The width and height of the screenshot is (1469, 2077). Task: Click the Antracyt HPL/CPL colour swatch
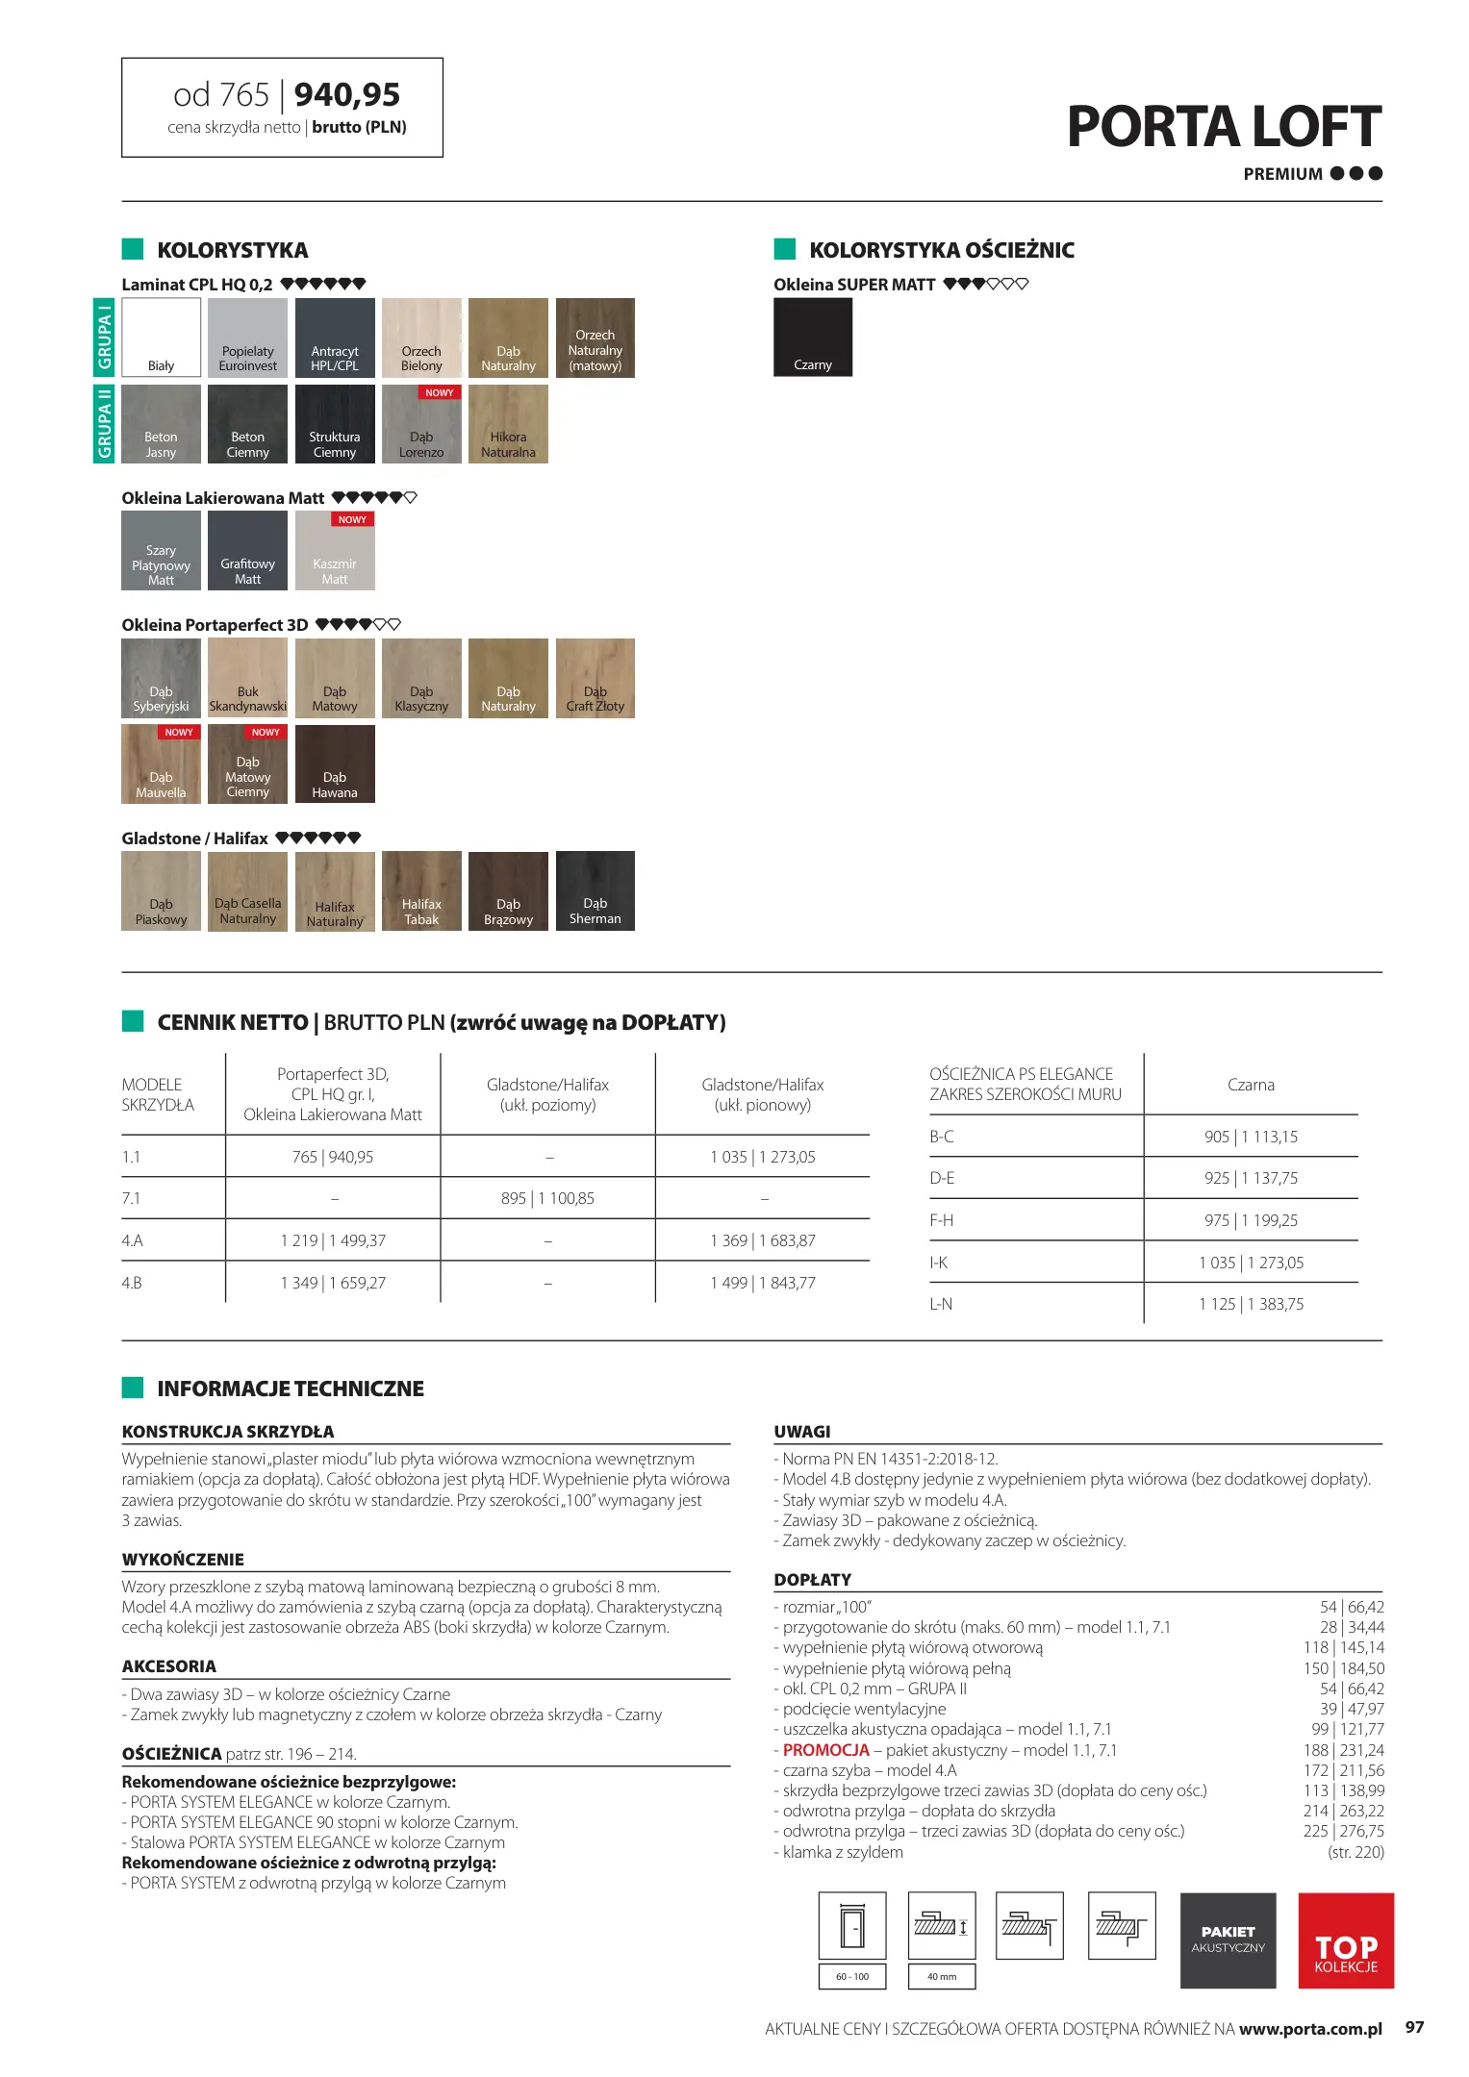[335, 338]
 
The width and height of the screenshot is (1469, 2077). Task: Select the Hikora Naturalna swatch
[508, 424]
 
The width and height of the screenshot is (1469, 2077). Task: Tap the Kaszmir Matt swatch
[335, 551]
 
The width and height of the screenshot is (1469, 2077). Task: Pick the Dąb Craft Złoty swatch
[595, 678]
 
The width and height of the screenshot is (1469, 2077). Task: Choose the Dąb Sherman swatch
[595, 890]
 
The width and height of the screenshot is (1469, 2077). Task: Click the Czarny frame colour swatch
[813, 337]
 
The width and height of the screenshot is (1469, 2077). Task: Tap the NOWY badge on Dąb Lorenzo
[439, 392]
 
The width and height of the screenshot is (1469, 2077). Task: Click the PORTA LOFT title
[1224, 127]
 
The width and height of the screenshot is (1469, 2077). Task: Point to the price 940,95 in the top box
[346, 94]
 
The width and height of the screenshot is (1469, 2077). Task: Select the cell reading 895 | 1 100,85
[547, 1198]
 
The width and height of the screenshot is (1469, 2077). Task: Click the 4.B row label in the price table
[132, 1283]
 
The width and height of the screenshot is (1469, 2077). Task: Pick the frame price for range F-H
[1251, 1220]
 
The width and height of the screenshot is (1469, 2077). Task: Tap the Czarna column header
[1251, 1085]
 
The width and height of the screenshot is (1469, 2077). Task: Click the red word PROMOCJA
[825, 1750]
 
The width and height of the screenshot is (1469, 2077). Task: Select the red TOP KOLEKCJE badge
[1345, 1940]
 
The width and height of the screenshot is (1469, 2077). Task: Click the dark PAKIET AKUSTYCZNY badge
[1228, 1940]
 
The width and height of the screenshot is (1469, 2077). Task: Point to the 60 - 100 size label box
[852, 1977]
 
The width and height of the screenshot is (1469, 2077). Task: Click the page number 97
[1414, 2027]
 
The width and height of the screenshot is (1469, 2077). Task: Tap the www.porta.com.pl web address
[1310, 2029]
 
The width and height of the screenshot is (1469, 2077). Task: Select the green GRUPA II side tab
[104, 424]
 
